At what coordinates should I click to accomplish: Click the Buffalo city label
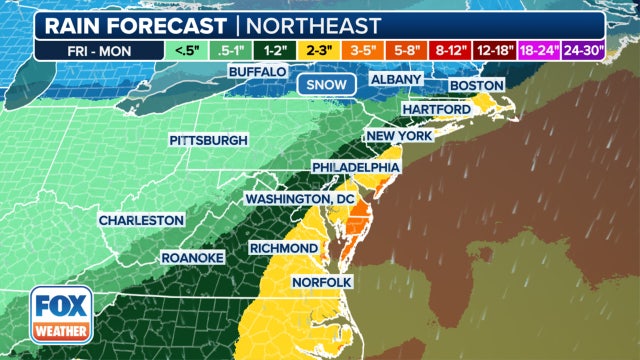click(x=258, y=72)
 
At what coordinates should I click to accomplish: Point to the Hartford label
click(x=437, y=108)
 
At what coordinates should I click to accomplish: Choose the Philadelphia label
click(x=356, y=166)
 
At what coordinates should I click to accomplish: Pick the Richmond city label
click(x=285, y=247)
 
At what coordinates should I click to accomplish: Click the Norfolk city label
click(x=322, y=283)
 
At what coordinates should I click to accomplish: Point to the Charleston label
click(x=141, y=219)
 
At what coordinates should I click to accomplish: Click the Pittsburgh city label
click(x=208, y=140)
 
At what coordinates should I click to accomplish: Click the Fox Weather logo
click(x=62, y=314)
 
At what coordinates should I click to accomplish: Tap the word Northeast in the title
click(x=318, y=25)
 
